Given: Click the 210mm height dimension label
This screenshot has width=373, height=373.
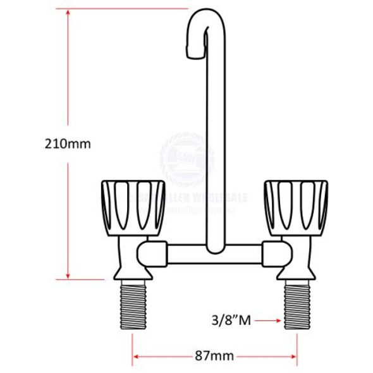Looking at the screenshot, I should (68, 144).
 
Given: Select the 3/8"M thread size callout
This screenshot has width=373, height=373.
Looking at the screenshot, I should (232, 321).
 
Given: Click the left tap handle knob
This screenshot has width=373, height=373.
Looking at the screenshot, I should (133, 206).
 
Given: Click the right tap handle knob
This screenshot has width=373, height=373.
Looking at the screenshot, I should (296, 206).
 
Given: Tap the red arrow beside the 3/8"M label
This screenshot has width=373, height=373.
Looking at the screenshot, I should (269, 321).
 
